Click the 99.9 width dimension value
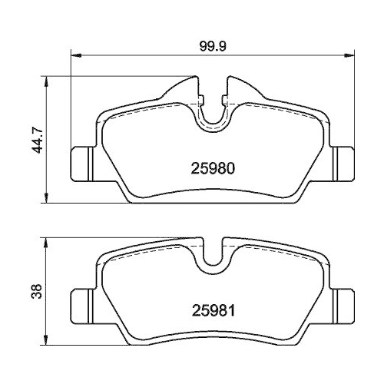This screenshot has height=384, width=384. click(x=211, y=45)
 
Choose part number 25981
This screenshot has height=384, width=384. click(x=211, y=313)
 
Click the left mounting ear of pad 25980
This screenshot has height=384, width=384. click(x=82, y=163)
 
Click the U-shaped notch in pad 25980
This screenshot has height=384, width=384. click(x=211, y=111)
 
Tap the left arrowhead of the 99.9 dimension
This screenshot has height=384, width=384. click(x=74, y=55)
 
